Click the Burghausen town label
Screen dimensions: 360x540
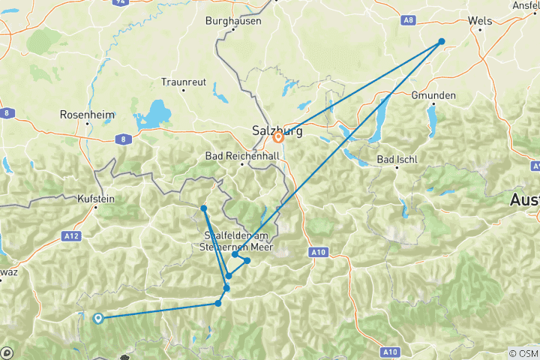(233, 21)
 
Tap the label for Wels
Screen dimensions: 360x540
(479, 21)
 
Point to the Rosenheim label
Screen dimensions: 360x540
(87, 115)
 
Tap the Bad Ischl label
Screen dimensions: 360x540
(397, 159)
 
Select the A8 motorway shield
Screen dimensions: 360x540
(429, 20)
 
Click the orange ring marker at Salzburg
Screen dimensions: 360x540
(278, 137)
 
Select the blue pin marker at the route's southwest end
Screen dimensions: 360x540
(97, 318)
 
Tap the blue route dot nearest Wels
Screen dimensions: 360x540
(442, 41)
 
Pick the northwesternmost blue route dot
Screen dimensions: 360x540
(204, 208)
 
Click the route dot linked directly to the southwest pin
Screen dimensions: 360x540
(218, 303)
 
